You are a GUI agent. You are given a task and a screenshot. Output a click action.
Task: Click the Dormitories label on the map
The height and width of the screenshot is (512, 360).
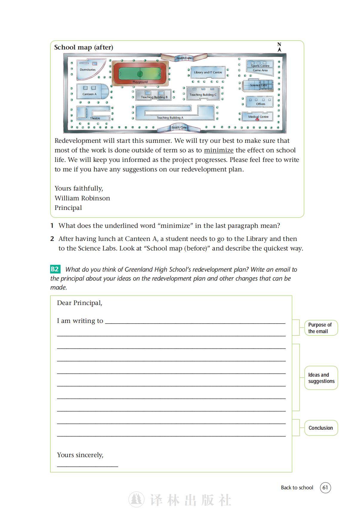pos(87,70)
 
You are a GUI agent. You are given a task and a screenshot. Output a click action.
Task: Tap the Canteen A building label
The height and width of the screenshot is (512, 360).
pos(89,94)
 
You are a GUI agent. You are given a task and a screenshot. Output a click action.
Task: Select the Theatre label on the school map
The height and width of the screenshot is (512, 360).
pos(95,118)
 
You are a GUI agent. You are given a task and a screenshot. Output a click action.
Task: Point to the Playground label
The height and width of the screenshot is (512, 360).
pos(140,82)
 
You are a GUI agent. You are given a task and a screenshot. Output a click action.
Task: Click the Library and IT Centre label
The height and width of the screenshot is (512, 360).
pos(208,72)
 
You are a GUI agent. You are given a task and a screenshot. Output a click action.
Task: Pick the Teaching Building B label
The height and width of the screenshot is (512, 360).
pos(154,97)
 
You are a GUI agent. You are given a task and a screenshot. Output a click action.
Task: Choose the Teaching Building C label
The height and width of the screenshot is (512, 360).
pos(203,95)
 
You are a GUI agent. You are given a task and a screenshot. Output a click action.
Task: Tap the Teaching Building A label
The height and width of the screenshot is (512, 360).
pos(170,118)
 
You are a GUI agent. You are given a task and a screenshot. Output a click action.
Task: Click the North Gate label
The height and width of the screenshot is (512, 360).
pos(184,58)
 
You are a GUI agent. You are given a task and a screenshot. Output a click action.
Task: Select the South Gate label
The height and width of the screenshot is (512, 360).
pos(179,128)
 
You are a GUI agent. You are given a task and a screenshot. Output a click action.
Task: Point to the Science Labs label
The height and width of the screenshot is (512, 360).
pos(259,85)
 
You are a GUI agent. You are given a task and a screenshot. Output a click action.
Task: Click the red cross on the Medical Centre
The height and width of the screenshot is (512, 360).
pos(257,119)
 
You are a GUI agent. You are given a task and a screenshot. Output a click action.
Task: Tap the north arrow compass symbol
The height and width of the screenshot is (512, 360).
pos(279,47)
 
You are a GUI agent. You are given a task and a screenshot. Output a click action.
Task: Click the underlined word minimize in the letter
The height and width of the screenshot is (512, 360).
pos(219,150)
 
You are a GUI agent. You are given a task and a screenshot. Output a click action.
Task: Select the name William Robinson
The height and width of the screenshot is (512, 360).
pos(82,198)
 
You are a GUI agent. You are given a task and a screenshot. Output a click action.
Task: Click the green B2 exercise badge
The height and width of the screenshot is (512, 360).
pos(55,269)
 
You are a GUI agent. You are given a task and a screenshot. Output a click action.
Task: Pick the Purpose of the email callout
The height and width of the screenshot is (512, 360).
pos(321,328)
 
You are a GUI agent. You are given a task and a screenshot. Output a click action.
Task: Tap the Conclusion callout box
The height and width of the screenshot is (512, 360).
pos(321,428)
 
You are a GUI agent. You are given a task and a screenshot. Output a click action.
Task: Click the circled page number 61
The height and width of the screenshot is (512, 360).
pos(325,488)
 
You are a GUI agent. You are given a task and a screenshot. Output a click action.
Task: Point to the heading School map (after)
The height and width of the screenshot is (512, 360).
pos(84,47)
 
